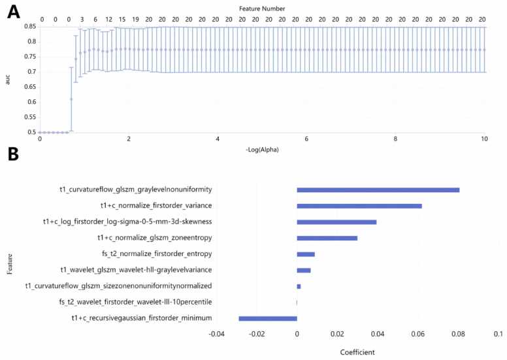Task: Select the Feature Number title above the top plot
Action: point(261,8)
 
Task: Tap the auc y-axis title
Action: point(8,79)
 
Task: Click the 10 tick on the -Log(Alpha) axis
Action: point(483,140)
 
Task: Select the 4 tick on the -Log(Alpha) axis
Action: point(218,140)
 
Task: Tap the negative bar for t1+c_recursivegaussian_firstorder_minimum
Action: point(268,318)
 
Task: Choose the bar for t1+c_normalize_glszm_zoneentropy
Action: point(327,238)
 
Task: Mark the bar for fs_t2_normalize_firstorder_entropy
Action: point(306,254)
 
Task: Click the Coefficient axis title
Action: point(357,352)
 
